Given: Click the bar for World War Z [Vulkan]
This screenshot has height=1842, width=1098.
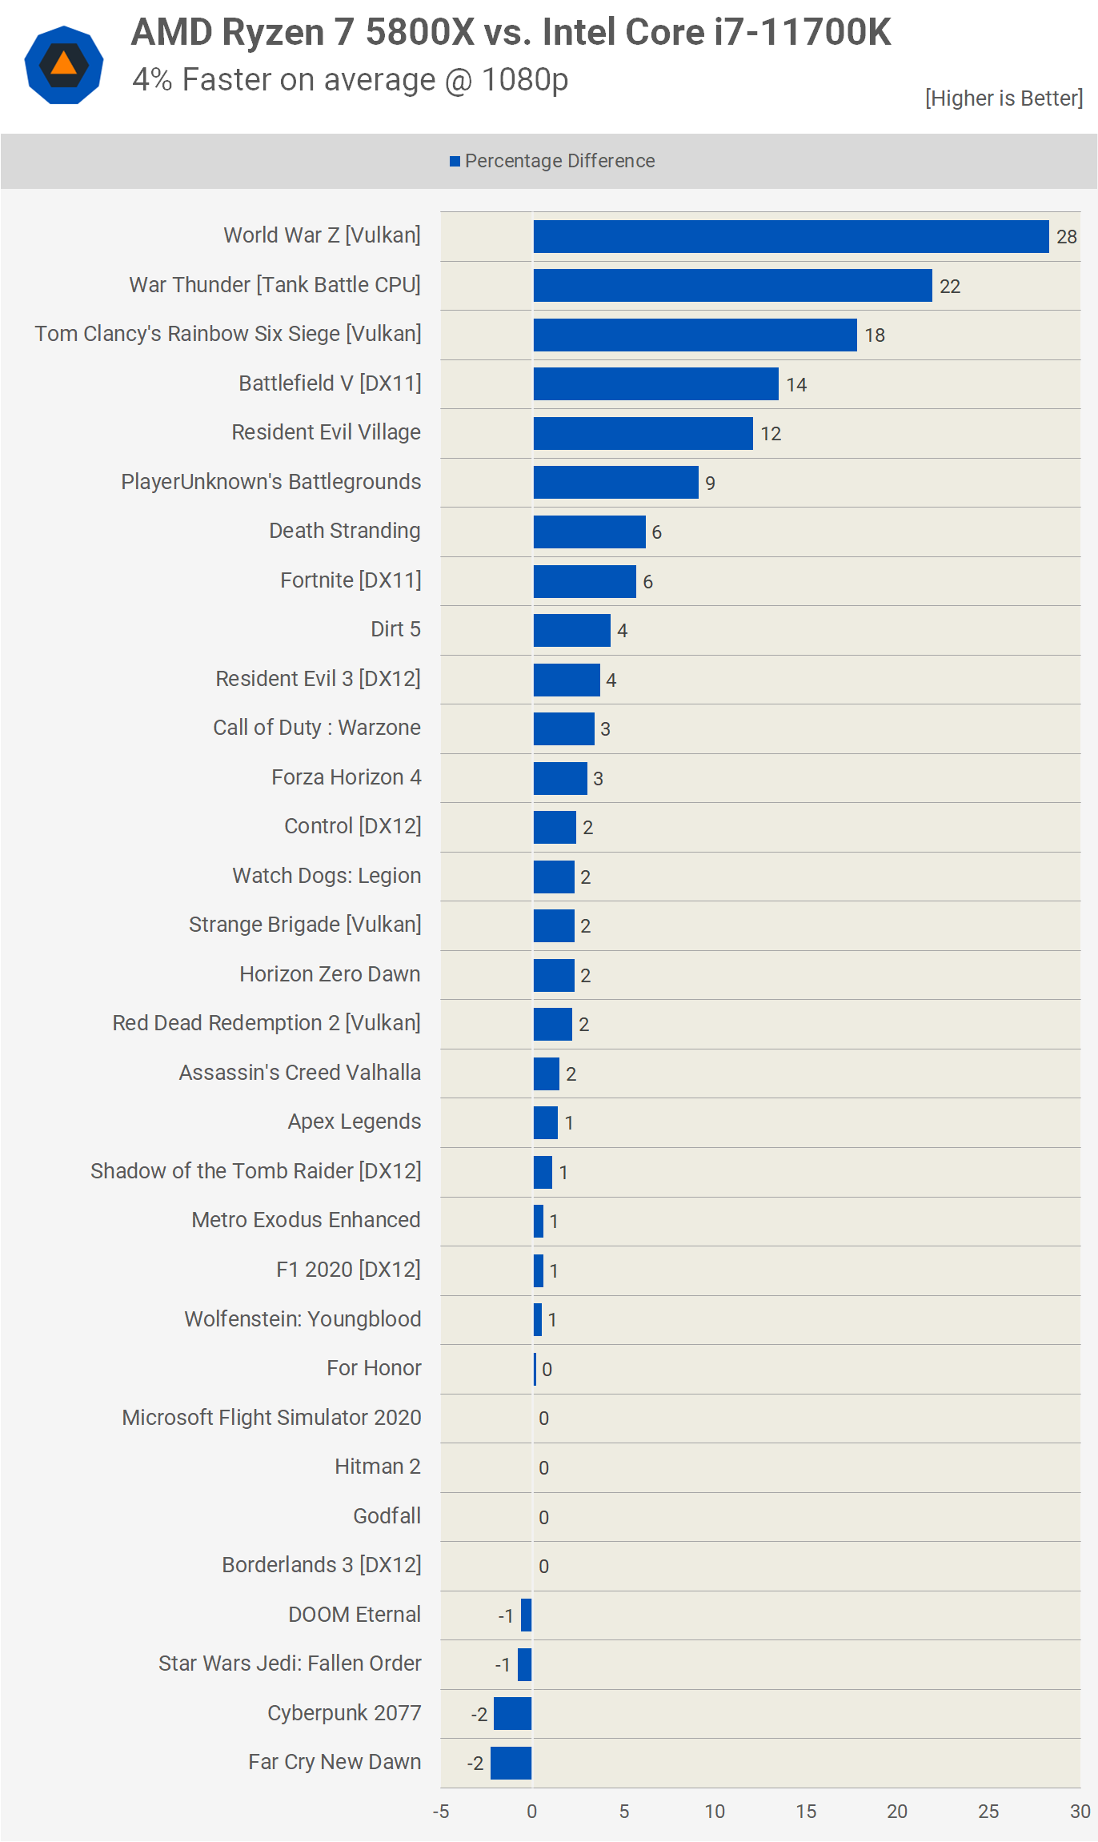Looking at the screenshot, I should click(791, 236).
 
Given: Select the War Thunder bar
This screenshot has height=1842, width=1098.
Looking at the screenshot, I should click(732, 286).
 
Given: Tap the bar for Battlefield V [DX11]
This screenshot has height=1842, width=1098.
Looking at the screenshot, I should click(655, 384).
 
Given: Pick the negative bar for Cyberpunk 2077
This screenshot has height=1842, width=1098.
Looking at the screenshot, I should click(512, 1713).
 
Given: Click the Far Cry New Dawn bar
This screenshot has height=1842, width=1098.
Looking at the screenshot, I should click(511, 1763).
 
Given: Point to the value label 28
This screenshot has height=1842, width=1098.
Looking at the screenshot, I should click(1066, 237).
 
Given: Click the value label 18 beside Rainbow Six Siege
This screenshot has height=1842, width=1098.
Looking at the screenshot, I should click(875, 335).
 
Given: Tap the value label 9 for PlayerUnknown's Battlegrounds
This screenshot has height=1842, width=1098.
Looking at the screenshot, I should click(710, 484).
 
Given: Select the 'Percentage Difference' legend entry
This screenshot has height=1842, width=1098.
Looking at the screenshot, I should click(552, 161).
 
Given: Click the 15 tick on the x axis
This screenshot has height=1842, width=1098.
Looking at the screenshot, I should click(806, 1812).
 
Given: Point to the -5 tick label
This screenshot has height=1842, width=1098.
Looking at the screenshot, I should click(441, 1812).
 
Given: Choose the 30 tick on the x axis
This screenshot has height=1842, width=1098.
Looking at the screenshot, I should click(1080, 1812).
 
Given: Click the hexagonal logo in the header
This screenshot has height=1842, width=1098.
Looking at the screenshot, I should click(64, 65).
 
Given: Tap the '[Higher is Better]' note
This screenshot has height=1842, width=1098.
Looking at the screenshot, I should click(1004, 98).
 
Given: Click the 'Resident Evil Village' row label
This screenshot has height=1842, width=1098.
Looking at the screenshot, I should click(326, 432).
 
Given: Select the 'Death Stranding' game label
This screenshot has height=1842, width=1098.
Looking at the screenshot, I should click(344, 531).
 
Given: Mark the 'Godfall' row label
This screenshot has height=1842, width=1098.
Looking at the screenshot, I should click(387, 1516).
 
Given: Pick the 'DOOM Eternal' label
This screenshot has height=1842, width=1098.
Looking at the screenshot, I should click(354, 1615).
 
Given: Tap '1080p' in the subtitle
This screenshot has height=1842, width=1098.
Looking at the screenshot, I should click(525, 80).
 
